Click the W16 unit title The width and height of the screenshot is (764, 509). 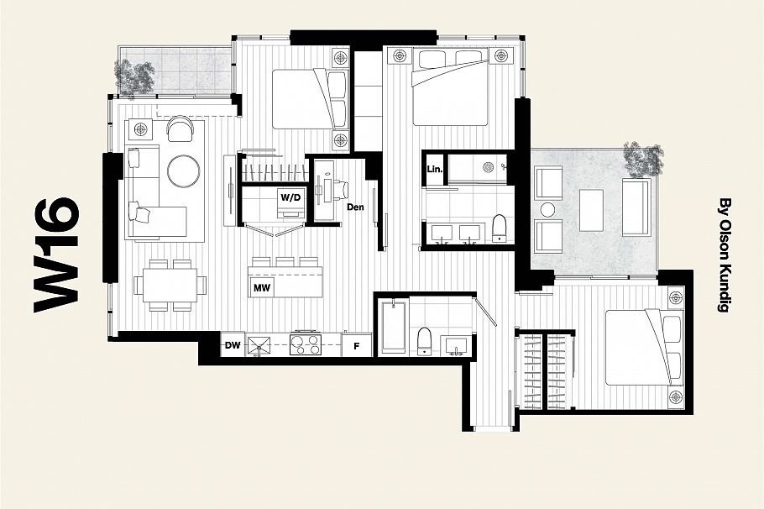point(58,255)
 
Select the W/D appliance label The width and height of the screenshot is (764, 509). point(290,198)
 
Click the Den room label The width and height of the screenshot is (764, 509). point(354,207)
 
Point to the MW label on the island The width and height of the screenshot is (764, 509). point(261,288)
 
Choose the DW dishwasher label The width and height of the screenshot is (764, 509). point(233,344)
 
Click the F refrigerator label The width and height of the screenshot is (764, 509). point(356,345)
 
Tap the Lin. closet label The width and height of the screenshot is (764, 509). point(434,168)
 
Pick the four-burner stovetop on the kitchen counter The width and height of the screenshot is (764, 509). point(306,345)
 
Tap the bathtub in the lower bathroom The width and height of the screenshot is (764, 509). point(394,327)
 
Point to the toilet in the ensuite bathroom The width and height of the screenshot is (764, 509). point(499,228)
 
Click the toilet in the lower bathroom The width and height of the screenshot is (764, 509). point(425,341)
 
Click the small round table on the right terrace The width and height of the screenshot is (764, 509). point(549,208)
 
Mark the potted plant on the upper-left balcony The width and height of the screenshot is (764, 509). point(136,77)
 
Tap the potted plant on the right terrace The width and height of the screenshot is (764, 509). point(642,158)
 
